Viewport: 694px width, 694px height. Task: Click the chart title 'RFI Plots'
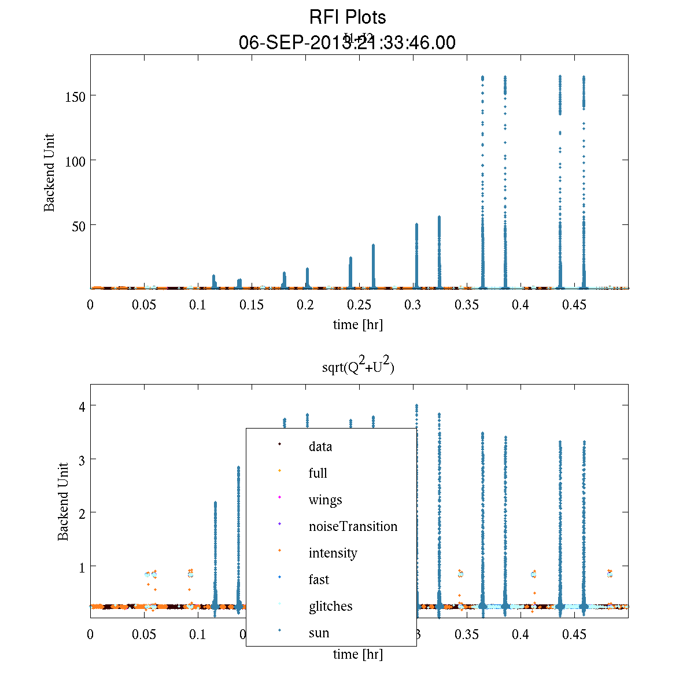coord(348,17)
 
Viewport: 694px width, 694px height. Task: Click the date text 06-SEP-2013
coord(295,43)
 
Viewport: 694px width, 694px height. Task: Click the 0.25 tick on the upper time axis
coord(359,305)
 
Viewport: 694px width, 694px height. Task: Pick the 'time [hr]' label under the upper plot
coord(358,324)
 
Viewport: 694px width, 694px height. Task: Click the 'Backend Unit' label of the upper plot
coord(50,172)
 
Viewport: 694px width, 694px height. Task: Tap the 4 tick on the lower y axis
coord(82,406)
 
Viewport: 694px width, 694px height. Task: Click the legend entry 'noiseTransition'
coord(353,526)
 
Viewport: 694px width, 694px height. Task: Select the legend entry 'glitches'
coord(330,606)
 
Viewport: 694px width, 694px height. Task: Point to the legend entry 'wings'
coord(325,500)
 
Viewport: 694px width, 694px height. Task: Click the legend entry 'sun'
coord(319,633)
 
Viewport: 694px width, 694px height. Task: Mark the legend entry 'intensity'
coord(333,553)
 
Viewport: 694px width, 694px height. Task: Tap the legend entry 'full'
coord(318,473)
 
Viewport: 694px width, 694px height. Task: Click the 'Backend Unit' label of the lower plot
coord(63,501)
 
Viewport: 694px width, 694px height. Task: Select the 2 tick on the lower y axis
coord(82,513)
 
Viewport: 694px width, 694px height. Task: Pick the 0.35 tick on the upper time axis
coord(466,305)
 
